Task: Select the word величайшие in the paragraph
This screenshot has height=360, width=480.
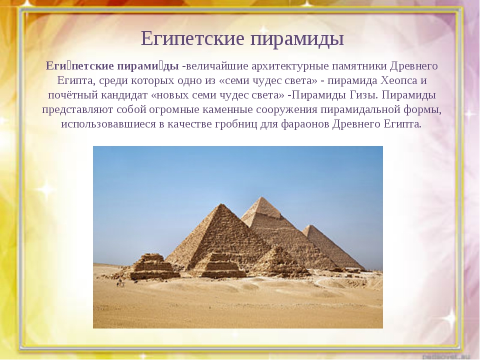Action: [x=217, y=66]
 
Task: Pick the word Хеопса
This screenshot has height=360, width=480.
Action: [x=399, y=80]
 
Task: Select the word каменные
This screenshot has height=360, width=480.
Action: [x=227, y=109]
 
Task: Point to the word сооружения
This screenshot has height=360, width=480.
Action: [x=286, y=109]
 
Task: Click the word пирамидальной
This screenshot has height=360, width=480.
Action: [x=360, y=109]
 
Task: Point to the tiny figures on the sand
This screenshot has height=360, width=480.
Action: [x=120, y=283]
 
